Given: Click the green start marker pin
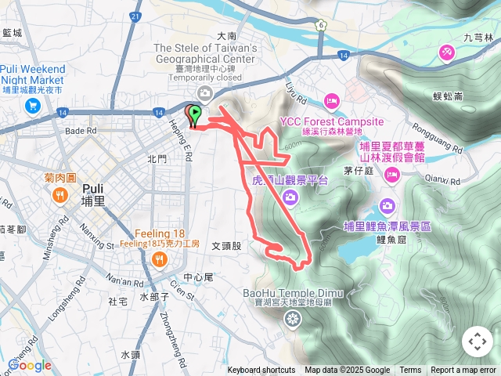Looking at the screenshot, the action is [193, 113].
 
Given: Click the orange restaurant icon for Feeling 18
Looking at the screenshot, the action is [160, 258].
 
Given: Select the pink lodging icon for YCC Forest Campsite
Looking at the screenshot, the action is [331, 101].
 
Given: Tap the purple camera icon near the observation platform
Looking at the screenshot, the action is [290, 197].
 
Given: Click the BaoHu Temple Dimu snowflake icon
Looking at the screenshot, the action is [293, 318].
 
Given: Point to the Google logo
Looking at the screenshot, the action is [30, 365].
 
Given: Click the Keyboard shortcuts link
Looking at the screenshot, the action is [261, 371].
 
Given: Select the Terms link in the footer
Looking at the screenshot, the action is [410, 371].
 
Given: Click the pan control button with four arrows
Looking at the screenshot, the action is [477, 342].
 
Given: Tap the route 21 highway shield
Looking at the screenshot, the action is [136, 16].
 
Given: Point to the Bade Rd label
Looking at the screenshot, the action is [80, 131].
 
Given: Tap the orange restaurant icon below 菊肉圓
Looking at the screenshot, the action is [60, 197].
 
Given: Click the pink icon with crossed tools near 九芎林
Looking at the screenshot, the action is [447, 52].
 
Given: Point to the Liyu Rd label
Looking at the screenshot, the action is [295, 90].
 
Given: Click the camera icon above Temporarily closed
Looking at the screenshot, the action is [204, 93].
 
